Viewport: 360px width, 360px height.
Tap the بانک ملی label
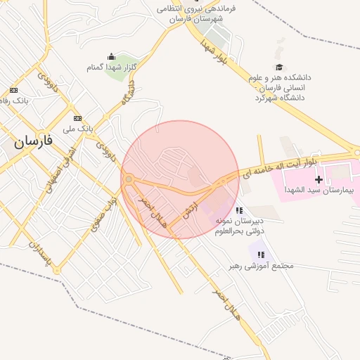pyautogui.click(x=77, y=129)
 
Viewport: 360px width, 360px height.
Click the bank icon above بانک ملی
pyautogui.click(x=77, y=118)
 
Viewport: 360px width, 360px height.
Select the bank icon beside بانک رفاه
pyautogui.click(x=13, y=90)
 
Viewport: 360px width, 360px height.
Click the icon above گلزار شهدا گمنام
pyautogui.click(x=110, y=57)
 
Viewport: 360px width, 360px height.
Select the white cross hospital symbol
pyautogui.click(x=319, y=179)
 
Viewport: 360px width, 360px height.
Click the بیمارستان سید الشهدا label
pyautogui.click(x=319, y=190)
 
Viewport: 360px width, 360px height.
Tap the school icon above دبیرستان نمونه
pyautogui.click(x=240, y=210)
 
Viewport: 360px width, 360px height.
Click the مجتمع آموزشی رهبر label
pyautogui.click(x=260, y=266)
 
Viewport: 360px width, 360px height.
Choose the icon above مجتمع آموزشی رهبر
pyautogui.click(x=261, y=255)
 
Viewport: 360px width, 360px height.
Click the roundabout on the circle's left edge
pyautogui.click(x=129, y=179)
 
